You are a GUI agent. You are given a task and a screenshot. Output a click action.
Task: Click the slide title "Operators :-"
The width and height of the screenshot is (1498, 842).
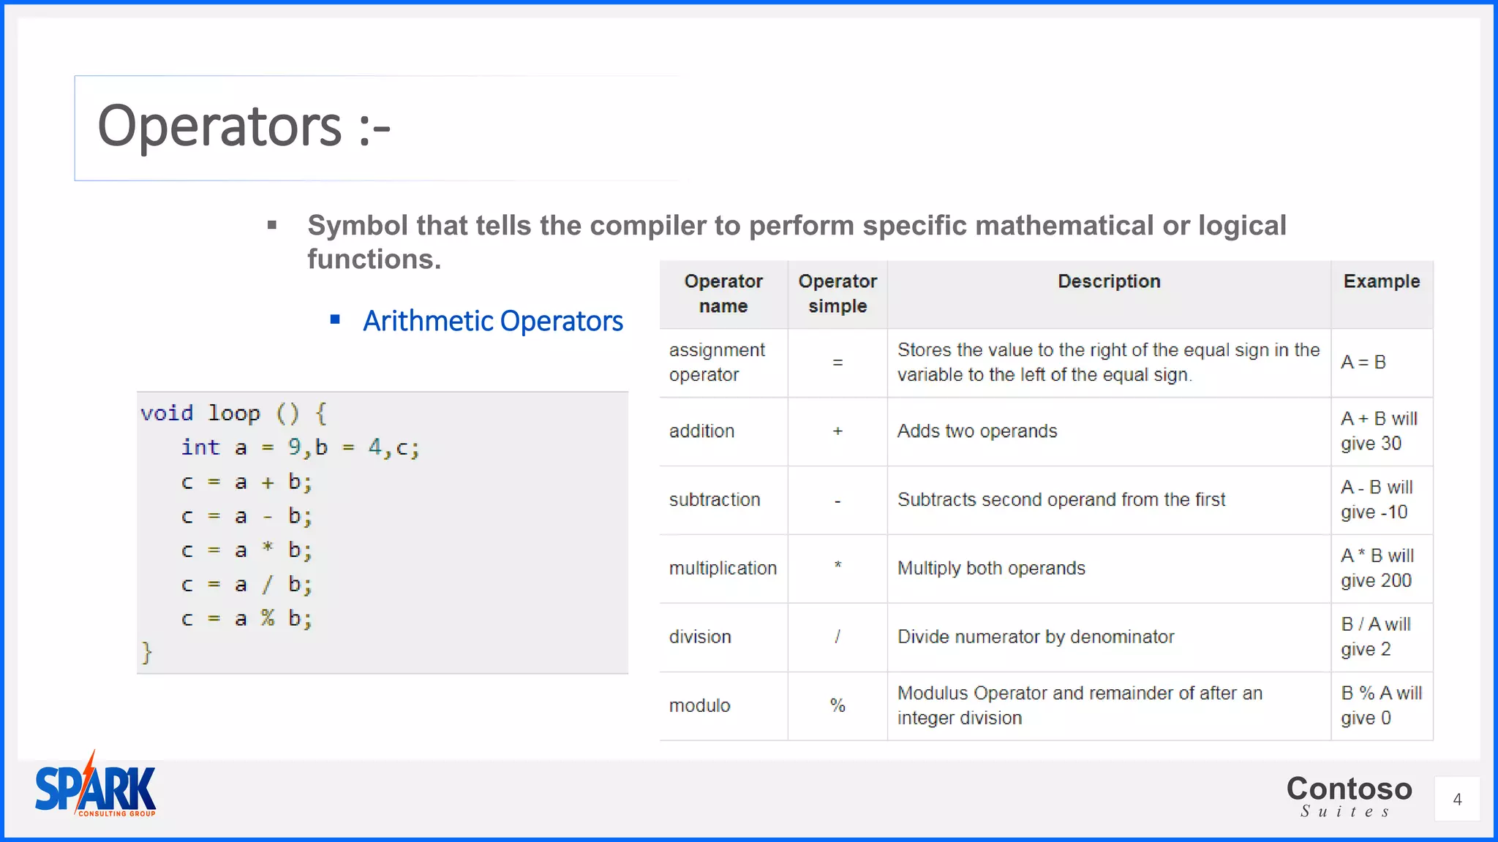[244, 126]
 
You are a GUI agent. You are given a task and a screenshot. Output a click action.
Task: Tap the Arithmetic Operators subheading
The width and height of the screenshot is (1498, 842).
[492, 321]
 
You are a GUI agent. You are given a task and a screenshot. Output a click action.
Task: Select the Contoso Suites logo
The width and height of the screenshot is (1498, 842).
[1349, 795]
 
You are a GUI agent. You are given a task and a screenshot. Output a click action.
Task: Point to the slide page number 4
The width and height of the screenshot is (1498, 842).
[1457, 799]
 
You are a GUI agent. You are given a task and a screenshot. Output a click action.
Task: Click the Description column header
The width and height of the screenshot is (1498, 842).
[1109, 281]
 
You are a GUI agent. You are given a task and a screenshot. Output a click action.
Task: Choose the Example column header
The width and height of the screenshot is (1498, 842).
[1381, 281]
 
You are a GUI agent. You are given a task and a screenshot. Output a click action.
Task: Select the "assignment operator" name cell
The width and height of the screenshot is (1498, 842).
[716, 363]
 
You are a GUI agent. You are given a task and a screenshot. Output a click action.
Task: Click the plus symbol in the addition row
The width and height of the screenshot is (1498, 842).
[838, 431]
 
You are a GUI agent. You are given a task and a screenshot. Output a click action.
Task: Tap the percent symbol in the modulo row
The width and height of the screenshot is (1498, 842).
[838, 705]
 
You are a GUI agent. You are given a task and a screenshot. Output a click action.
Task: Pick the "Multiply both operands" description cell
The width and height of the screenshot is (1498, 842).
[991, 569]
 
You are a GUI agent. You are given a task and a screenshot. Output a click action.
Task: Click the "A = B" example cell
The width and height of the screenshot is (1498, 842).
[1363, 363]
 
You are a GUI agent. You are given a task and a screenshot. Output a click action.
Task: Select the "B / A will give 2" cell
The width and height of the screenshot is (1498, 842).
[1375, 637]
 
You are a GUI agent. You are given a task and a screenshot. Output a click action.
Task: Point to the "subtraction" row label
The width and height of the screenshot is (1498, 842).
[715, 500]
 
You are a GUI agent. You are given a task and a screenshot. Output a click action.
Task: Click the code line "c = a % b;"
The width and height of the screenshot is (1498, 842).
[246, 619]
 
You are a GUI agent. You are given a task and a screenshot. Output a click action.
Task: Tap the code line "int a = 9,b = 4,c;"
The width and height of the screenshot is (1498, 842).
[300, 447]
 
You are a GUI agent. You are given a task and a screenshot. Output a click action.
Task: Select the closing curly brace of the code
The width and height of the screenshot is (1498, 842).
[146, 652]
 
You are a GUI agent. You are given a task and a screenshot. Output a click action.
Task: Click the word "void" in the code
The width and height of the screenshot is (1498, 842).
[167, 413]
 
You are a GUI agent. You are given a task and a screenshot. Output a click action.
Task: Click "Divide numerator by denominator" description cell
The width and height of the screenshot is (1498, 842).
[1035, 637]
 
